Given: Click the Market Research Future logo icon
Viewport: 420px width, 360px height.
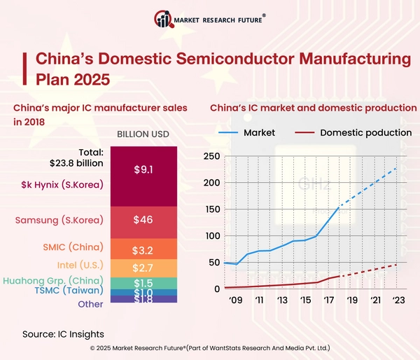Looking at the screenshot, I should [x=164, y=19].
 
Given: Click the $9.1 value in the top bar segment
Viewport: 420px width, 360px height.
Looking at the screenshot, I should [x=143, y=169].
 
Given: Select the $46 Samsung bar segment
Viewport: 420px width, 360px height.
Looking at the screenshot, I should [x=143, y=220].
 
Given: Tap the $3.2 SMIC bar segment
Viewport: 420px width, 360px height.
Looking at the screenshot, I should [x=143, y=249].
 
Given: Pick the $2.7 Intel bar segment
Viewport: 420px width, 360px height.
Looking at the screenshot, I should [x=143, y=268].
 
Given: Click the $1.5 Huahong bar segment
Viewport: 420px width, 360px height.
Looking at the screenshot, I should [x=143, y=282].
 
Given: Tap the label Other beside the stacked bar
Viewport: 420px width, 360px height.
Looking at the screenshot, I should [x=90, y=304].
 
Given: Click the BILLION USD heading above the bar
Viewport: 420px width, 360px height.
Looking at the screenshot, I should [x=143, y=134].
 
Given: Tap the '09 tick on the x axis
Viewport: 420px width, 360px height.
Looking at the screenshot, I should [x=237, y=300].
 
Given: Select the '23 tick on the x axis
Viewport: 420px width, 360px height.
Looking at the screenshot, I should [x=399, y=300].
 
